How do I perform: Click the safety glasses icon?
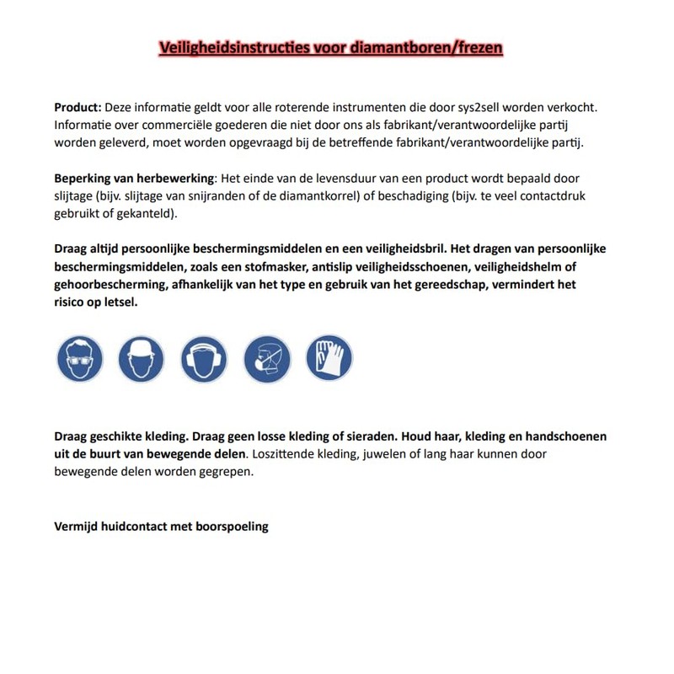[79, 359]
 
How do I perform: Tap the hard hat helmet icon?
[141, 359]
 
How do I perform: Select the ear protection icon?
[204, 359]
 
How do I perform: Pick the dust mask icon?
[267, 359]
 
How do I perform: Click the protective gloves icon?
[329, 358]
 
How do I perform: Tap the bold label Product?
[78, 108]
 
